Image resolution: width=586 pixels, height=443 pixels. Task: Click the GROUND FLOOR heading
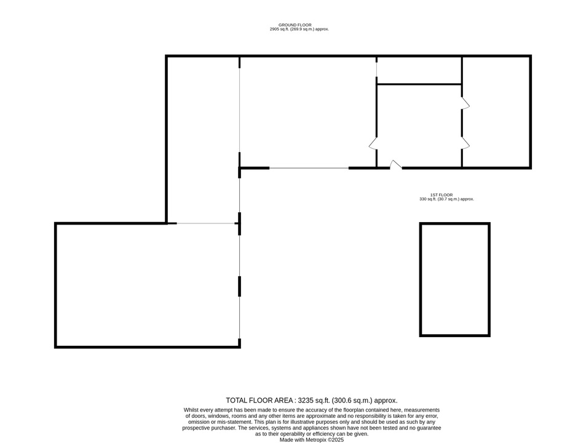pyautogui.click(x=295, y=25)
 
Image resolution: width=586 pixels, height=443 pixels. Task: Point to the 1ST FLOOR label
pyautogui.click(x=441, y=195)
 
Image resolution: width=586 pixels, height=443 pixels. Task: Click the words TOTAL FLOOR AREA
pyautogui.click(x=259, y=401)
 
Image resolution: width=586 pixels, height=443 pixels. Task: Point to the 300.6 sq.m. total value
pyautogui.click(x=352, y=401)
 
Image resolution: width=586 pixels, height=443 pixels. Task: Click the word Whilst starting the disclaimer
pyautogui.click(x=191, y=410)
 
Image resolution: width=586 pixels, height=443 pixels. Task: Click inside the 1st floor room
pyautogui.click(x=455, y=279)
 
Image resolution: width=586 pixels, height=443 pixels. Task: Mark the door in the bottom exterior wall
pyautogui.click(x=396, y=165)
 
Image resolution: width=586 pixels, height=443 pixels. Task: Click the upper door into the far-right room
pyautogui.click(x=465, y=103)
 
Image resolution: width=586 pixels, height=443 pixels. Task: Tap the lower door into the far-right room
pyautogui.click(x=465, y=143)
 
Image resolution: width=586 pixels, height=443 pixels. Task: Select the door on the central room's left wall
pyautogui.click(x=373, y=143)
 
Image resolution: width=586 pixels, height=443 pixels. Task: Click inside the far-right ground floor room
pyautogui.click(x=496, y=112)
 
